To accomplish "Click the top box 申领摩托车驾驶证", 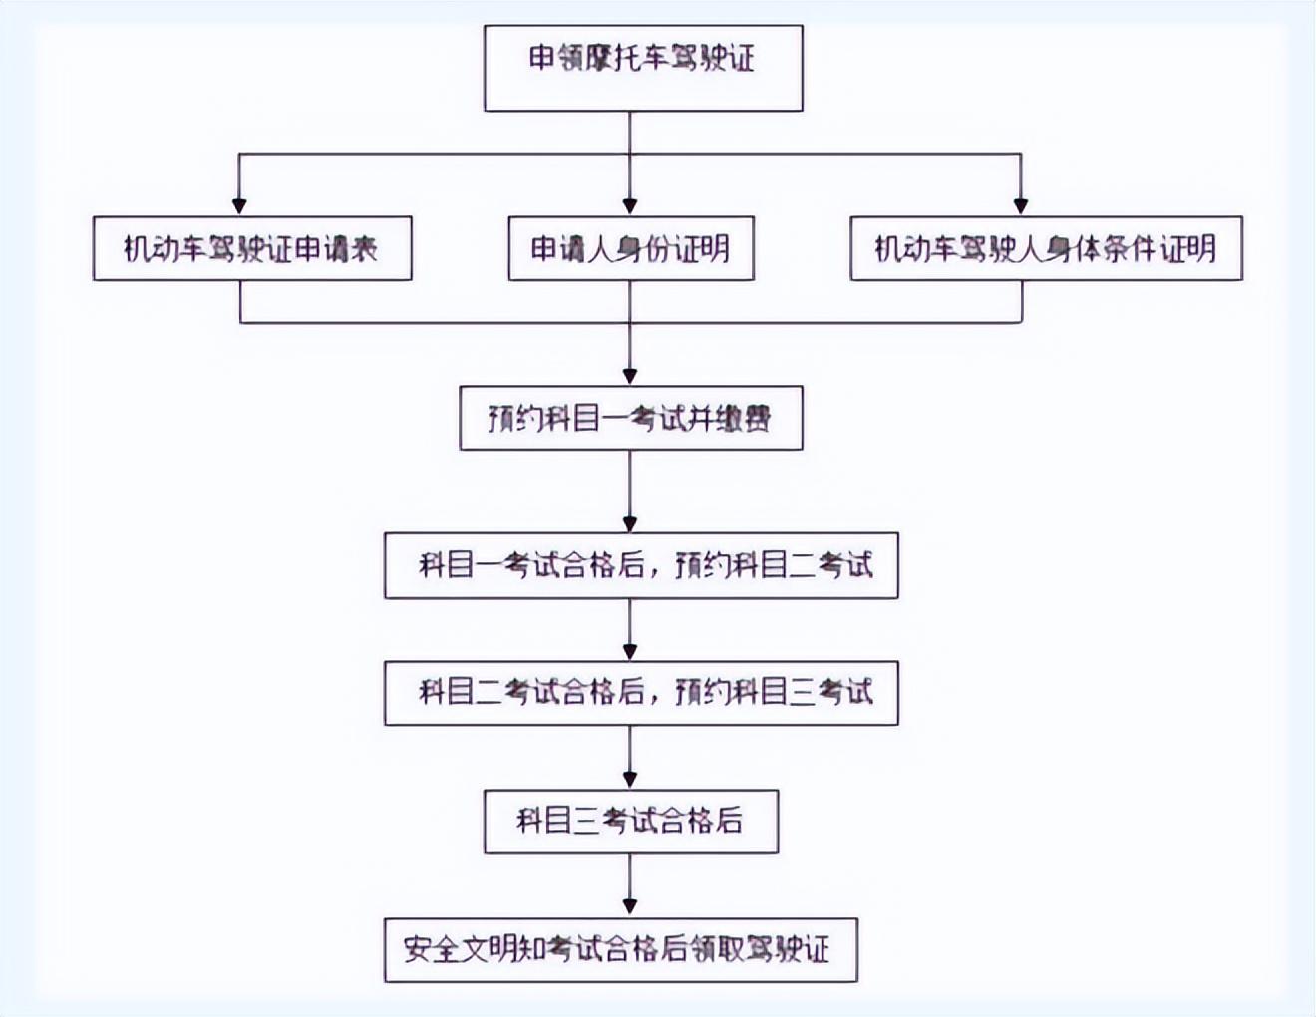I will (x=643, y=68).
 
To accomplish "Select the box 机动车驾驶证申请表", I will (x=251, y=248).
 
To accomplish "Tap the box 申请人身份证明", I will (x=630, y=248).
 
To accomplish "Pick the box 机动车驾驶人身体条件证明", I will (x=1045, y=248).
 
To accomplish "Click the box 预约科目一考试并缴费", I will (x=630, y=418).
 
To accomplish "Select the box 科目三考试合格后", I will (x=630, y=821).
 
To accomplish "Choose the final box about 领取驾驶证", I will (x=620, y=949).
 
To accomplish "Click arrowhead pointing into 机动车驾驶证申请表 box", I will (x=240, y=205).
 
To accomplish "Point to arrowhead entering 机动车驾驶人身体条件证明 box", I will (x=1021, y=205).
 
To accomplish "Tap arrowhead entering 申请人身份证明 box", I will (x=630, y=205).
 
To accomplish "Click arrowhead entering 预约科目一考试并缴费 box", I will (x=630, y=375).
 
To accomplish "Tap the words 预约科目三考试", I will (x=774, y=691).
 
